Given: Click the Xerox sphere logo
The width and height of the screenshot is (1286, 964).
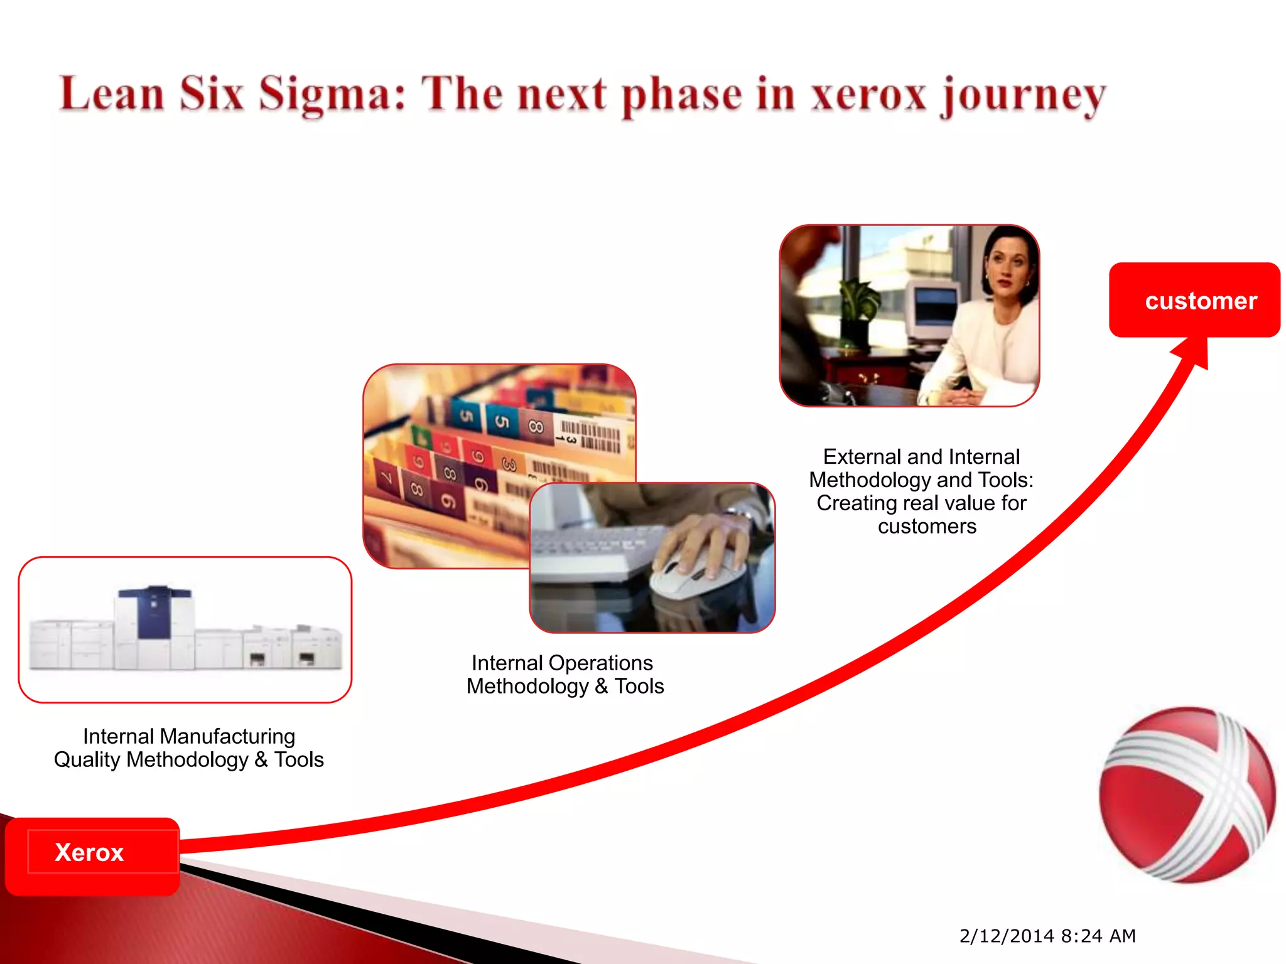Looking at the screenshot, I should tap(1187, 795).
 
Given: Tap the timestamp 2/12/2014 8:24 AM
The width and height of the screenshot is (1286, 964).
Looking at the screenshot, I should tap(1047, 936).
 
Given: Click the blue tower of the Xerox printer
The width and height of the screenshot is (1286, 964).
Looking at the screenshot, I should tap(154, 612).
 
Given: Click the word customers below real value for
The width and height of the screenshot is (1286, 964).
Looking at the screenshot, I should tap(927, 527).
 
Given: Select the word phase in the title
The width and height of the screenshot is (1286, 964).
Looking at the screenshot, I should tap(681, 95).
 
